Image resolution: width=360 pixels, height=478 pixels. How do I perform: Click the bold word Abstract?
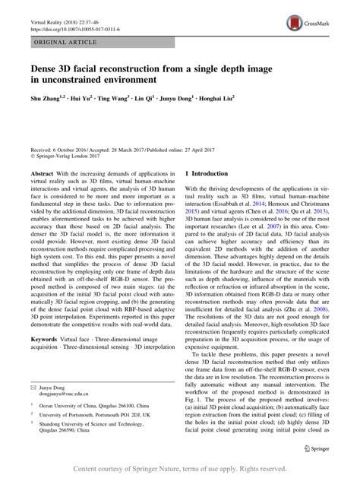tap(41, 195)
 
